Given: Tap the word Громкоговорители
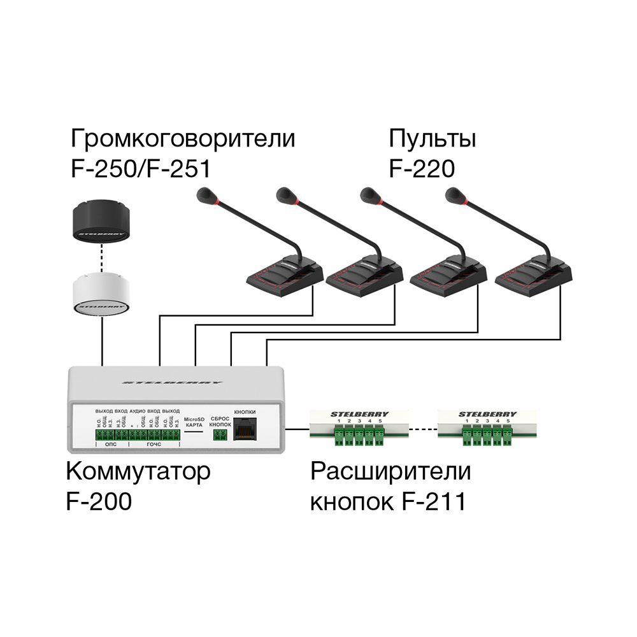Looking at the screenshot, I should pos(183,138).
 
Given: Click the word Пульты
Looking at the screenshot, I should pos(433,138).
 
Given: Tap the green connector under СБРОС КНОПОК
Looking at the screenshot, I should pos(220,434).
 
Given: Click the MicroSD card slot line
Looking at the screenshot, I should pos(194,431).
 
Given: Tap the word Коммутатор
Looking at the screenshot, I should pos(138,473).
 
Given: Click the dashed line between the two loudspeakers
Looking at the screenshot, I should pos(102,258).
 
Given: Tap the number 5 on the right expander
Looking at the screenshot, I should pos(508,422).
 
